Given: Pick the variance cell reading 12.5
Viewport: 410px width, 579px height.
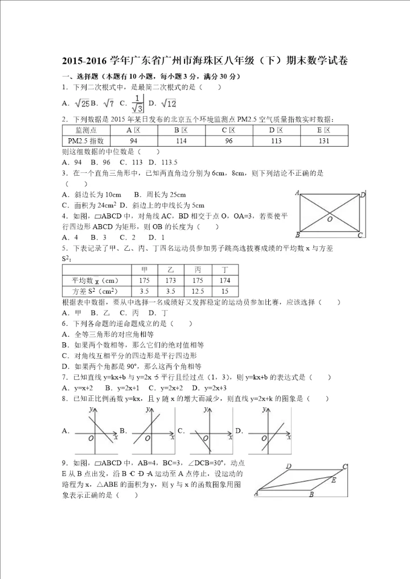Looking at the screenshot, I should pyautogui.click(x=198, y=291).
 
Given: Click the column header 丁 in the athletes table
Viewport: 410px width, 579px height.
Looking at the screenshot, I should pyautogui.click(x=225, y=270).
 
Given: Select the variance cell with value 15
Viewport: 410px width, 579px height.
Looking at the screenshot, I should pyautogui.click(x=225, y=291).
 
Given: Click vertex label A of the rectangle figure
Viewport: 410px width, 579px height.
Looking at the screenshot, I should pyautogui.click(x=297, y=194).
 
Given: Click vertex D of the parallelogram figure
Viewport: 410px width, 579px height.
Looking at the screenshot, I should pyautogui.click(x=289, y=466).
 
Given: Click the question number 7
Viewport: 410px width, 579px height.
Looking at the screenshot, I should pyautogui.click(x=65, y=377).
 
